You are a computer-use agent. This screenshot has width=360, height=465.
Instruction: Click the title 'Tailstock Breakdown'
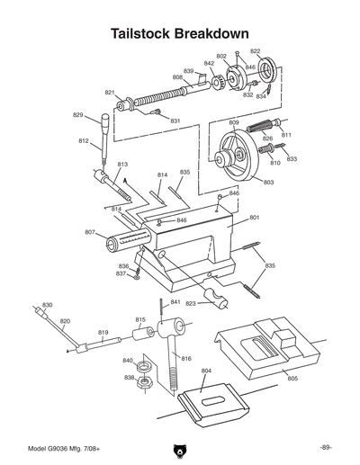click(x=179, y=33)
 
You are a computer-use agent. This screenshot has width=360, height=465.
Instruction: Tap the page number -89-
click(x=326, y=447)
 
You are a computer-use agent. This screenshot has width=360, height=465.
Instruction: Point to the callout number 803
click(x=268, y=183)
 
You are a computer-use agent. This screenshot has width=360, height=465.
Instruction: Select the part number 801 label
click(x=255, y=218)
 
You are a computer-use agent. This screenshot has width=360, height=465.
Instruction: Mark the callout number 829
click(x=78, y=115)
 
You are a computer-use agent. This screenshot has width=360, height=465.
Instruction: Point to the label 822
click(x=256, y=51)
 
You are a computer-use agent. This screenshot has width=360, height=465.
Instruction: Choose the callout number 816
click(x=186, y=358)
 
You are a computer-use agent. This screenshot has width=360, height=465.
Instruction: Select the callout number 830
click(x=47, y=305)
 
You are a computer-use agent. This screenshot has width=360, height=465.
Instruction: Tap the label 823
click(x=191, y=303)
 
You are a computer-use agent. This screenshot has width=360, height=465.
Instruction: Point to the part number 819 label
click(x=103, y=332)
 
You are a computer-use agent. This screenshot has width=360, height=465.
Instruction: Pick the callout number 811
click(x=286, y=134)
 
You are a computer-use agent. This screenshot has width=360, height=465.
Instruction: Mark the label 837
click(x=121, y=273)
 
